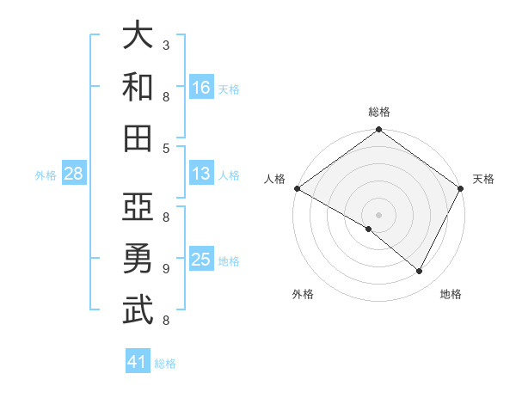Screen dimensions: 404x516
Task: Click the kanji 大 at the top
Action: pyautogui.click(x=138, y=36)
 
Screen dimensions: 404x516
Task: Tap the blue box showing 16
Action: pyautogui.click(x=201, y=87)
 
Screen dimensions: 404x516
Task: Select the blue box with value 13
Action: pyautogui.click(x=201, y=174)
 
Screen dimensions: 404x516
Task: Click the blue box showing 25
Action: pyautogui.click(x=201, y=260)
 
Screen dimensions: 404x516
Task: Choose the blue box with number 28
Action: pyautogui.click(x=74, y=174)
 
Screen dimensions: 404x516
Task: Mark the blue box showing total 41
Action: pyautogui.click(x=138, y=362)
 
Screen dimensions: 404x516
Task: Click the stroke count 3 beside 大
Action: pyautogui.click(x=166, y=45)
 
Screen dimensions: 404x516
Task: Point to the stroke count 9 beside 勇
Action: pyautogui.click(x=166, y=268)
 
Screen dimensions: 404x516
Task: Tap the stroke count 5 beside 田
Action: pyautogui.click(x=166, y=148)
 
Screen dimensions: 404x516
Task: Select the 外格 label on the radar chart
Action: pyautogui.click(x=303, y=294)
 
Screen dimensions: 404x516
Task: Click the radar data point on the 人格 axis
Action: pyautogui.click(x=297, y=188)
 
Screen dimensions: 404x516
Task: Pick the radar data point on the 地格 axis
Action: pyautogui.click(x=420, y=272)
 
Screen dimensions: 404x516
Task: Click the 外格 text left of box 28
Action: pyautogui.click(x=46, y=174)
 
